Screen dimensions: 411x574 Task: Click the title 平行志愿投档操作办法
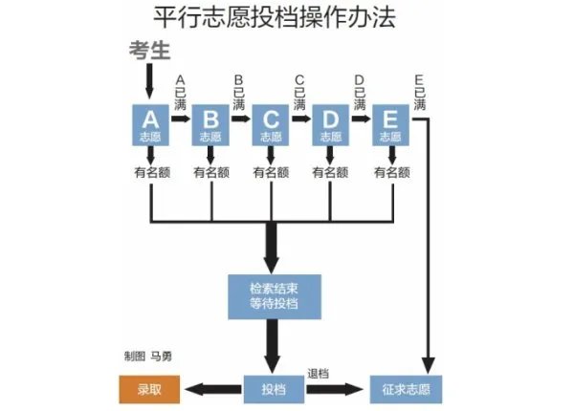tap(274, 18)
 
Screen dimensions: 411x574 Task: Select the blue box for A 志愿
tap(150, 125)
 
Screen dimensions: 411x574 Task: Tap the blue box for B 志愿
tap(210, 125)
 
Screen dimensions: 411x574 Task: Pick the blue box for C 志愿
tap(271, 125)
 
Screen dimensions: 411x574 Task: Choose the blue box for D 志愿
tap(331, 125)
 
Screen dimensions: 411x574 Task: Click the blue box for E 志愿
tap(391, 125)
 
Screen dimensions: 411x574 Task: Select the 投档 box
tap(273, 389)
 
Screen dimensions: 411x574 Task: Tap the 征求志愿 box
tap(405, 389)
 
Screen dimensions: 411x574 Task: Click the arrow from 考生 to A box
tap(149, 80)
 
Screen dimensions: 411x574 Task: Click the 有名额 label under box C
tap(272, 173)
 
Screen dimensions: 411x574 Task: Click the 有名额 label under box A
tap(151, 173)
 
